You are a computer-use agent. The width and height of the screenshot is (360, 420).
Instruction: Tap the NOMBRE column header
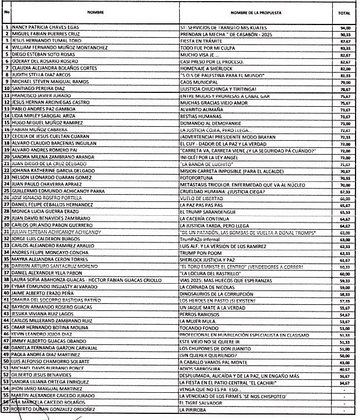click(92, 11)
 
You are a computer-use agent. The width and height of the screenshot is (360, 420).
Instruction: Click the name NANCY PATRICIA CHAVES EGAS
click(47, 27)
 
